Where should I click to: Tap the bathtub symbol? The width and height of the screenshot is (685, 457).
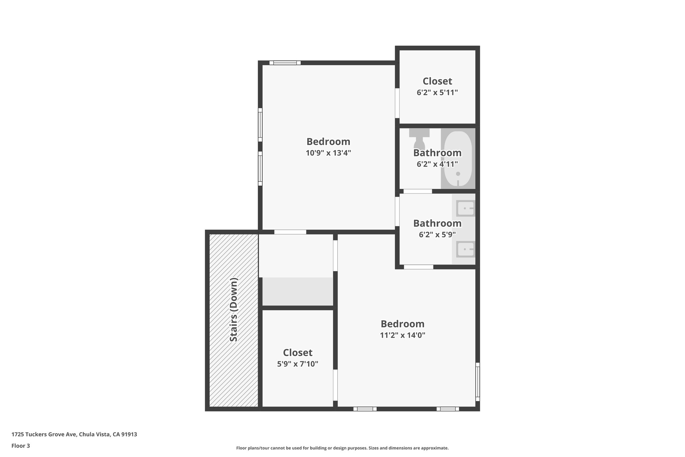coord(458,159)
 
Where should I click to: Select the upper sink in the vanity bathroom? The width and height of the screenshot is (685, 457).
coord(465,209)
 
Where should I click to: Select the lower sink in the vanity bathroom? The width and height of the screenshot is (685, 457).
coord(465,249)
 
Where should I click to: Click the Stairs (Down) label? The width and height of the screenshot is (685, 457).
coord(234,310)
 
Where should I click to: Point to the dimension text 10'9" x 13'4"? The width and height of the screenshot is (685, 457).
coord(328,153)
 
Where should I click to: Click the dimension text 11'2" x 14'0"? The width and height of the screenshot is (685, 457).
coord(402,335)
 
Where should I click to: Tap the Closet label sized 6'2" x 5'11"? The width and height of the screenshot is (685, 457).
coord(437,81)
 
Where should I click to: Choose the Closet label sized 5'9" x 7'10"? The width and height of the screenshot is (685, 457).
coord(297,353)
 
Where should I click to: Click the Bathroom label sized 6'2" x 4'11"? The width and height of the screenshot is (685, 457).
coord(437,153)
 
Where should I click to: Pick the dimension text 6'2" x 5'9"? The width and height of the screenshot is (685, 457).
coord(437,235)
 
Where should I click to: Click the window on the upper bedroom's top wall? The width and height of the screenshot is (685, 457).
coord(285,63)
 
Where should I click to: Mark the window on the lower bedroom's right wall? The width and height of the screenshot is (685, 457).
coord(478,382)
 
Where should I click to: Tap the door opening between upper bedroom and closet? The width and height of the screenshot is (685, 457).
coord(397,103)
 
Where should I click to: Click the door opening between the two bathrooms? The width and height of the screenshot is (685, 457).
coord(417,192)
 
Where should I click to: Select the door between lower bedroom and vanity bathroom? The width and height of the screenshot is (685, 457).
coord(418,267)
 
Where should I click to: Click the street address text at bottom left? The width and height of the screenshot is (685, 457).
coord(74,435)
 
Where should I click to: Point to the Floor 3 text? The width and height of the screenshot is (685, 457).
coord(21,446)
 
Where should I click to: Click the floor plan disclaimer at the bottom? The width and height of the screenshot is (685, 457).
coord(342,448)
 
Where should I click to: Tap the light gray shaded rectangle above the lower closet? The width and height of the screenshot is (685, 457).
coord(297,291)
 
